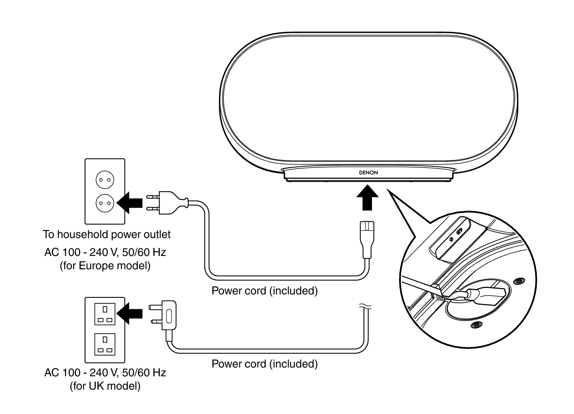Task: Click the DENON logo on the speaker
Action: pyautogui.click(x=368, y=173)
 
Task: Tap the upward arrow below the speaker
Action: pyautogui.click(x=367, y=197)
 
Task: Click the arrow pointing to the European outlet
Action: pyautogui.click(x=129, y=202)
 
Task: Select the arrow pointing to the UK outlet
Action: pyautogui.click(x=129, y=313)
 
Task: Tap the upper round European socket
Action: pyautogui.click(x=105, y=179)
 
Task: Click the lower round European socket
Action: pyautogui.click(x=105, y=203)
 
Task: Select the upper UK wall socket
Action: pyautogui.click(x=105, y=314)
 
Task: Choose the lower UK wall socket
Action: pyautogui.click(x=105, y=344)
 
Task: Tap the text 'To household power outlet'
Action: pyautogui.click(x=107, y=234)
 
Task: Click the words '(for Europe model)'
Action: pyautogui.click(x=105, y=265)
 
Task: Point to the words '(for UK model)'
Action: pyautogui.click(x=105, y=386)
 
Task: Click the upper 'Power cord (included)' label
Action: pyautogui.click(x=264, y=291)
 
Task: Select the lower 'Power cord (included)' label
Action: pyautogui.click(x=264, y=364)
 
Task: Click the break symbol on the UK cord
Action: pyautogui.click(x=364, y=306)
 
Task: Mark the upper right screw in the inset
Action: pyautogui.click(x=517, y=281)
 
